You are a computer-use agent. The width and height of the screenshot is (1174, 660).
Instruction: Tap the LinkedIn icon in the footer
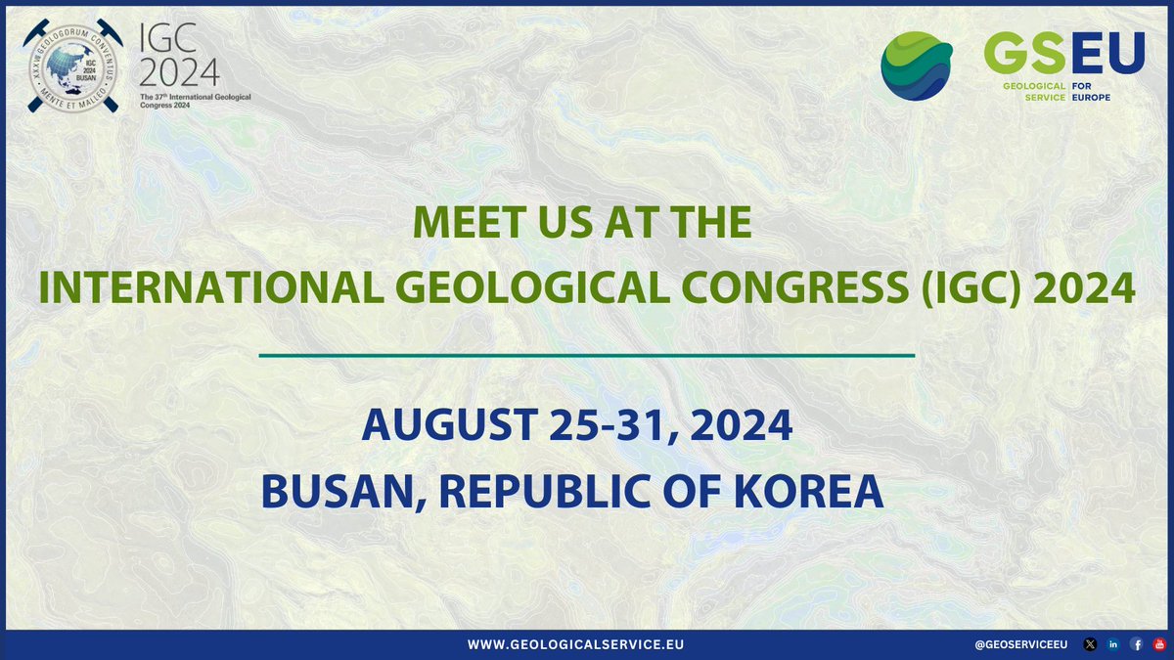[x=1112, y=644]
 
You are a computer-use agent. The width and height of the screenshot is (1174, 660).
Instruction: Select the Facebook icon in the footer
[x=1136, y=644]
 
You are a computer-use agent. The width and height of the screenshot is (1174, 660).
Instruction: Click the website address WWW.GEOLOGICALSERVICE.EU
[x=576, y=644]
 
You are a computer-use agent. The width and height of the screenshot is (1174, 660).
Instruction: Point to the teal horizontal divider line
[x=586, y=356]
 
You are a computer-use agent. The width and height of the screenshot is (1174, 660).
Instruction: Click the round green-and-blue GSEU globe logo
[x=917, y=66]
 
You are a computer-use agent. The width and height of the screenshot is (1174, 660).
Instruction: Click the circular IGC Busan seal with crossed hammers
[x=73, y=66]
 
